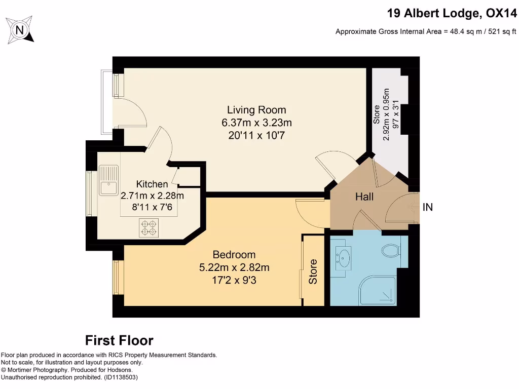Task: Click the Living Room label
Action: click(x=256, y=110)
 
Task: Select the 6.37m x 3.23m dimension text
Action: click(x=256, y=123)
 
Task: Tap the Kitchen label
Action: click(x=152, y=184)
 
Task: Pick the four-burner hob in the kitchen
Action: click(x=149, y=227)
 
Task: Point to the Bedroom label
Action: click(x=234, y=254)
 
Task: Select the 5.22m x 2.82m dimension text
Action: click(x=234, y=267)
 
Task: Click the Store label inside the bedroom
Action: click(x=313, y=271)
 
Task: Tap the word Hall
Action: click(x=364, y=197)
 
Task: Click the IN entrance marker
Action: click(x=428, y=207)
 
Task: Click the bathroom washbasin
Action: click(x=344, y=257)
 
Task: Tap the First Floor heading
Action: click(x=119, y=340)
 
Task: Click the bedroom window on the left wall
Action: click(x=118, y=277)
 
